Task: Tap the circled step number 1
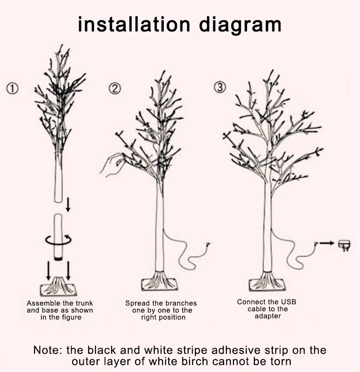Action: point(12,89)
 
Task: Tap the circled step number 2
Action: point(115,89)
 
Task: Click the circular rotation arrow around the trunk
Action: point(58,239)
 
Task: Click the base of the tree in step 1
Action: point(58,286)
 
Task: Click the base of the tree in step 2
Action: point(159,282)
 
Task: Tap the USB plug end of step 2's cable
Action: point(207,245)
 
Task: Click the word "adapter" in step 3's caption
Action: point(268,316)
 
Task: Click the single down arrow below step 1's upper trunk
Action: point(68,206)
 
